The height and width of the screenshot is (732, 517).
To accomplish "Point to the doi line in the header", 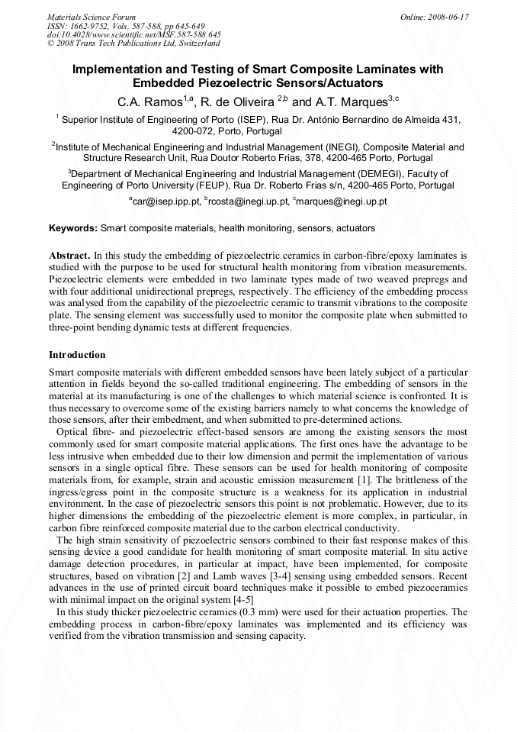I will click(133, 34).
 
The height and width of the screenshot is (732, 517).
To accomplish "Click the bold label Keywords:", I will click(73, 228).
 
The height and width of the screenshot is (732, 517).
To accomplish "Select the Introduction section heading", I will click(77, 355).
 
